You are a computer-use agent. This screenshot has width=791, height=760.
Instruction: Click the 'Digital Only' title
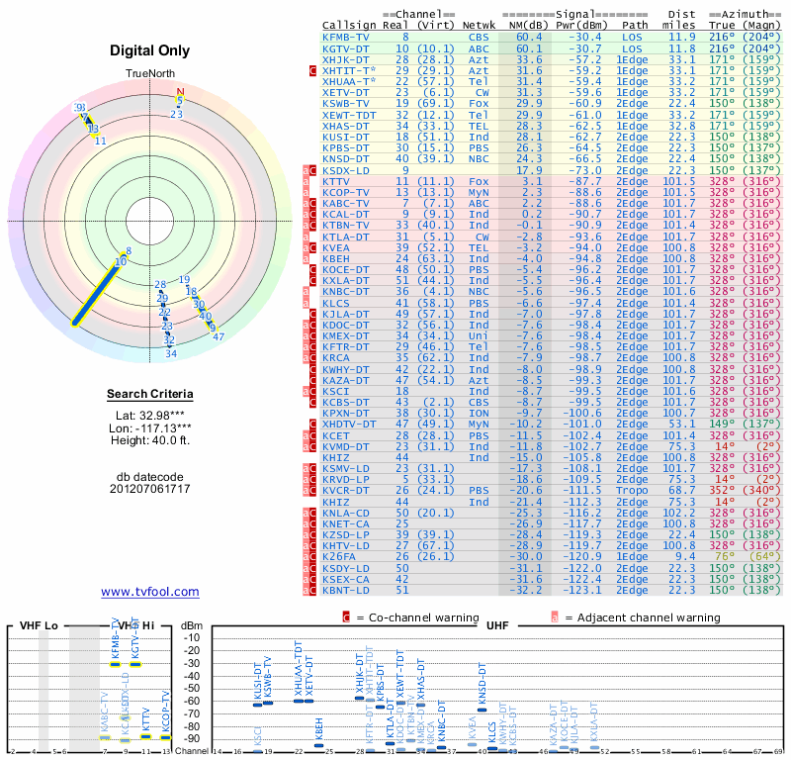(x=150, y=50)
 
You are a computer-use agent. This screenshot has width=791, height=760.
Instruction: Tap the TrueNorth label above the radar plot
(x=150, y=74)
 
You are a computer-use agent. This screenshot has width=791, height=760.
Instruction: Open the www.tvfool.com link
(x=150, y=592)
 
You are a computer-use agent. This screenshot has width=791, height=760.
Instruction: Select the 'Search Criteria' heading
(x=150, y=395)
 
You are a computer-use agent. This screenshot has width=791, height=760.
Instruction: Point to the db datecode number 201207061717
(x=150, y=489)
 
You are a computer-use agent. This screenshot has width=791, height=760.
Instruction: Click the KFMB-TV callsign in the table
(x=346, y=37)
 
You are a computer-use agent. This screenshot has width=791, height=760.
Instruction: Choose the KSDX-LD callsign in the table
(x=346, y=170)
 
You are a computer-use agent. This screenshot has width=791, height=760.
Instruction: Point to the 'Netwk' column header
(x=479, y=25)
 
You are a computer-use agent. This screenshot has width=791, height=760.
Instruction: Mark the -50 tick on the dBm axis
(x=191, y=688)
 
